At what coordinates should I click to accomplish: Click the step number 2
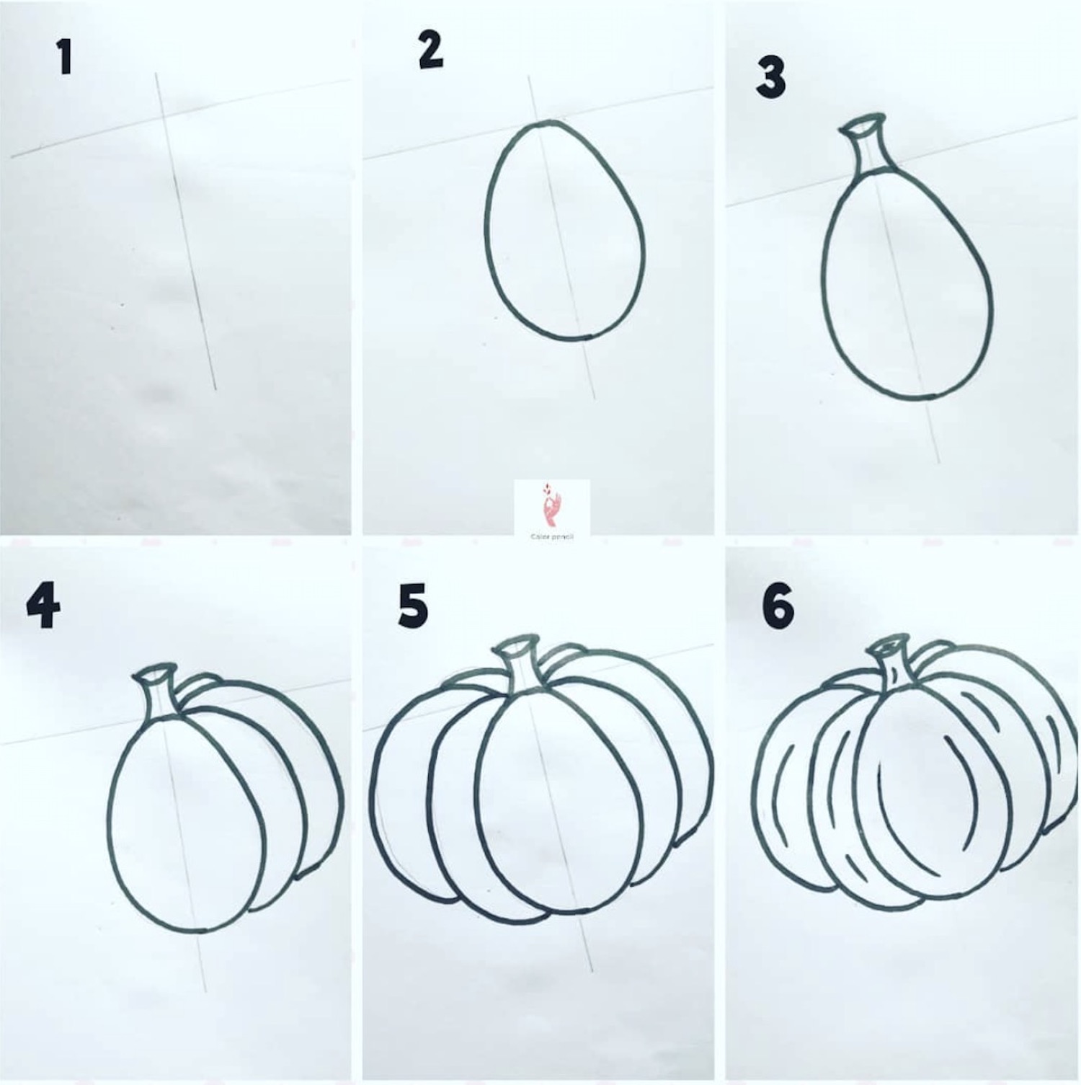[x=430, y=52]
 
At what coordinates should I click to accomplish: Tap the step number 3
[x=770, y=79]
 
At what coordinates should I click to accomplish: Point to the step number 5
[x=413, y=607]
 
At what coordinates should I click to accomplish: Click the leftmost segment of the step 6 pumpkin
[x=786, y=786]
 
